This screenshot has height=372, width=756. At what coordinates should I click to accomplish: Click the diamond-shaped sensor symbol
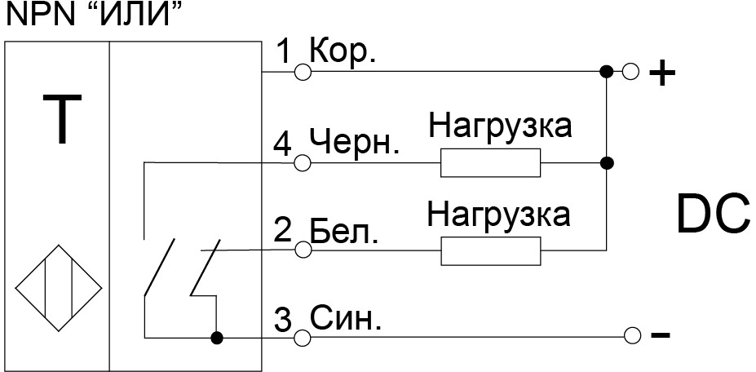point(58,288)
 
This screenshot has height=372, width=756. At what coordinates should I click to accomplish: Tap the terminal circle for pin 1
point(303,73)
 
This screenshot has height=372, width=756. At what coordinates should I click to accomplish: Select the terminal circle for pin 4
point(303,163)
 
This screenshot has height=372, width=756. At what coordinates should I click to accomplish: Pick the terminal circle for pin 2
point(303,251)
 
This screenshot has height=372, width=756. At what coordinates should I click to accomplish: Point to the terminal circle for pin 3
point(303,335)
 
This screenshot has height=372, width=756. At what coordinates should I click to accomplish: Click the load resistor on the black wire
point(490,164)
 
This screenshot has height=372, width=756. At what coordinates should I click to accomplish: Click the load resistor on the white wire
point(490,251)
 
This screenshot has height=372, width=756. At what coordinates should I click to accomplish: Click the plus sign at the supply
point(661,74)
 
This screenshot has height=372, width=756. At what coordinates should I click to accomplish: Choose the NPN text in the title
point(36,14)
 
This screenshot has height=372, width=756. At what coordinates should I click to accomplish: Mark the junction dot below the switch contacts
point(217,336)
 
